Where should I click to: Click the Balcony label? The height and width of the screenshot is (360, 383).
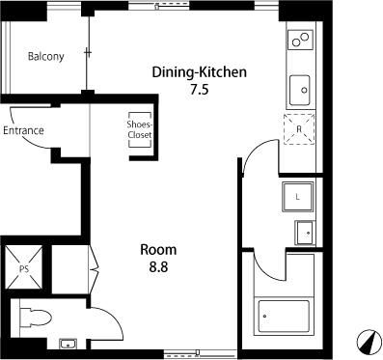[x=45, y=57]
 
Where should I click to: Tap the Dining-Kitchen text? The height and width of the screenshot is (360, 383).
[x=200, y=72]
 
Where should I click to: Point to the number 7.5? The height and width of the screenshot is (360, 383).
[x=200, y=89]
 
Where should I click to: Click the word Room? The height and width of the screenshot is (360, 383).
[x=158, y=250]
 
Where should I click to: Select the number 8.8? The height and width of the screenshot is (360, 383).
[x=158, y=266]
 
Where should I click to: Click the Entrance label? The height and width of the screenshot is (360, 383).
[x=23, y=130]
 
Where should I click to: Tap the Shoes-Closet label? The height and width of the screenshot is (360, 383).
[x=140, y=129]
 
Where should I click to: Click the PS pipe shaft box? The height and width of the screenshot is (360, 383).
[x=24, y=267]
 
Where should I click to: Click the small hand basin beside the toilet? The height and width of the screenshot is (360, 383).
[x=68, y=344]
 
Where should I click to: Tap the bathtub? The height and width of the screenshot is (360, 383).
[x=284, y=316]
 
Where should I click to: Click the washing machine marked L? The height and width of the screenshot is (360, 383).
[x=297, y=197]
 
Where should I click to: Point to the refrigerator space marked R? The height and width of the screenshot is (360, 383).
[x=299, y=129]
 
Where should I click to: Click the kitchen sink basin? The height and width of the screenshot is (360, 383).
[x=300, y=90]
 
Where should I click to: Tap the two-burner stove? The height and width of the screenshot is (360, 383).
[x=300, y=40]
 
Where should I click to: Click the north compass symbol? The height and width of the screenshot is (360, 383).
[x=369, y=343]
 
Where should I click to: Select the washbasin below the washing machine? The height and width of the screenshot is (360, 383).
[x=305, y=233]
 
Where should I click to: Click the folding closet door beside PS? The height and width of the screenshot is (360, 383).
[x=94, y=268]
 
